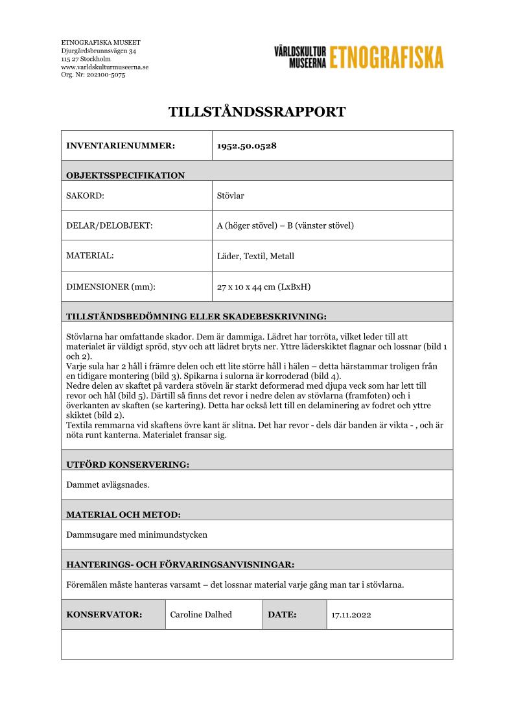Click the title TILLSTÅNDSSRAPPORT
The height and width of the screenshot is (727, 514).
[257, 111]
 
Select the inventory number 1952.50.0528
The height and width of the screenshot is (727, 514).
[246, 146]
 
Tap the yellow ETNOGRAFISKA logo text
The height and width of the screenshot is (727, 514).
[387, 57]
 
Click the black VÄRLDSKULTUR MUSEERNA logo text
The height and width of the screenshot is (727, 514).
[299, 57]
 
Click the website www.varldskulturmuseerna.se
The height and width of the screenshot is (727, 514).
[104, 67]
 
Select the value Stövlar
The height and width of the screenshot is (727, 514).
[230, 196]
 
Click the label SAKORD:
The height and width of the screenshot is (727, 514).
[86, 196]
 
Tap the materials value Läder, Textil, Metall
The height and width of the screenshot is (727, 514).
[255, 256]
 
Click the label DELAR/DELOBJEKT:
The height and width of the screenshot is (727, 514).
[109, 226]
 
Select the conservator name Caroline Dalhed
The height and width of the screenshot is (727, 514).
[200, 615]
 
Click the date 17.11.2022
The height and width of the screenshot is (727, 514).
[351, 615]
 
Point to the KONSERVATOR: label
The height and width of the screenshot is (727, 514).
[104, 615]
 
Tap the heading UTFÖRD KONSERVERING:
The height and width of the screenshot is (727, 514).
[128, 465]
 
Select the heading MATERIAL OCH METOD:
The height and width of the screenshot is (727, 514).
[123, 514]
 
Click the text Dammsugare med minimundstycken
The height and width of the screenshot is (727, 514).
[137, 535]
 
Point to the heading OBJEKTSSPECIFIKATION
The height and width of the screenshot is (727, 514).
[125, 175]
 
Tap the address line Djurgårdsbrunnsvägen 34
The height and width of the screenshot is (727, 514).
[99, 51]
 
